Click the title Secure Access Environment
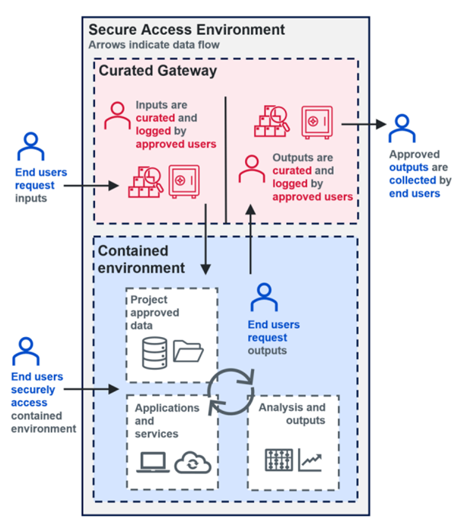click(x=186, y=30)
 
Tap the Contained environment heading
click(x=141, y=259)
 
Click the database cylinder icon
click(x=154, y=350)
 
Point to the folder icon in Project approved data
click(x=188, y=351)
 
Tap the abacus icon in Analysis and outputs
click(x=278, y=460)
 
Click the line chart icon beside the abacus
click(x=310, y=460)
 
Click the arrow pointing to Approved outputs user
click(x=361, y=123)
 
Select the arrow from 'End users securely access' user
click(x=93, y=390)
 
